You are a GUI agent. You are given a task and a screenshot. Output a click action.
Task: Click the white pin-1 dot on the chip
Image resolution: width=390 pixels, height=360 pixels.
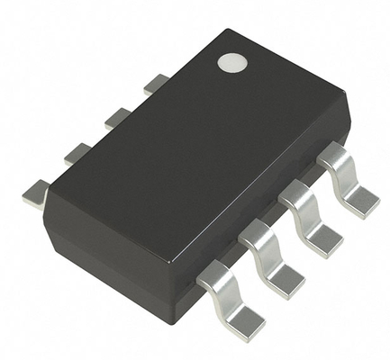(x=232, y=64)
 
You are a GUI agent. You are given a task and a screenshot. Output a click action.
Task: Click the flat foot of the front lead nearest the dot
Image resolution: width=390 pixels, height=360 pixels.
(x=362, y=201)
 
